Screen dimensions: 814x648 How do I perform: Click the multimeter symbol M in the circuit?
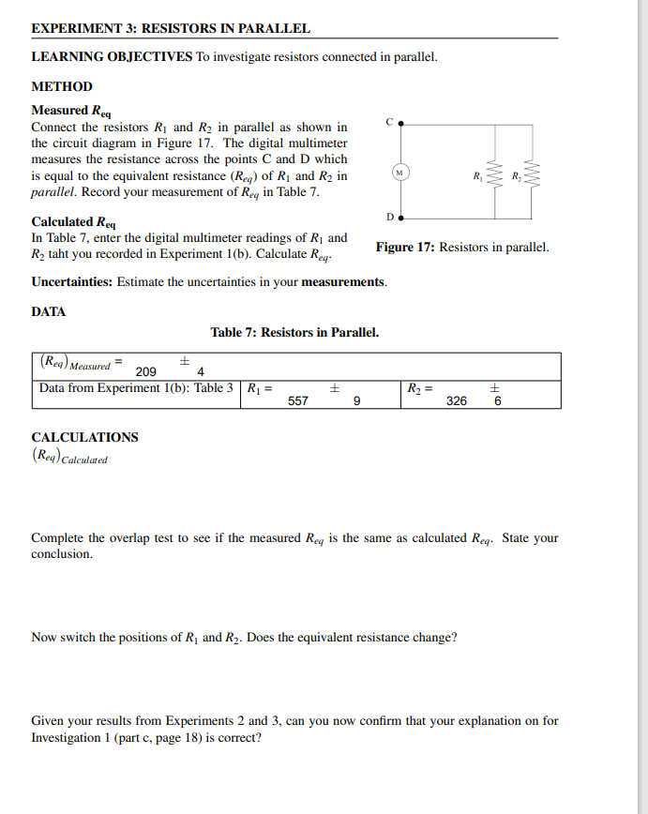click(x=400, y=173)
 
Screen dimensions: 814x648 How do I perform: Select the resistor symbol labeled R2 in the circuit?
click(x=533, y=173)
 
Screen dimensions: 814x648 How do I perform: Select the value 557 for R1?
click(x=298, y=400)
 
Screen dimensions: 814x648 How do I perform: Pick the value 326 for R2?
click(x=457, y=400)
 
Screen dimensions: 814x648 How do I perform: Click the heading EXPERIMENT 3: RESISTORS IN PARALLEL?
click(x=171, y=29)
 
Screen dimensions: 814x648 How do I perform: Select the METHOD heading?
click(x=62, y=86)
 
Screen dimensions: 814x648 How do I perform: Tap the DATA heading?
click(x=49, y=310)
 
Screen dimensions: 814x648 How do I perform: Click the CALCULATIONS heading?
click(x=84, y=437)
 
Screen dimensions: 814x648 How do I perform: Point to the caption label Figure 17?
click(x=405, y=248)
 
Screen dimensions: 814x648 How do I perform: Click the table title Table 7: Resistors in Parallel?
click(x=294, y=332)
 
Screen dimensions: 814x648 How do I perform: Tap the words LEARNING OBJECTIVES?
click(x=112, y=57)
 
